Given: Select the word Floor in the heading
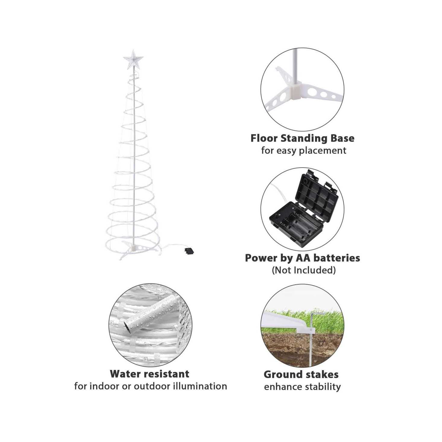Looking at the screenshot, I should (264, 138).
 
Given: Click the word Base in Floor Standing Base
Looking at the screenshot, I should (342, 138).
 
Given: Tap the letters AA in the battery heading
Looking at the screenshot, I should (303, 258).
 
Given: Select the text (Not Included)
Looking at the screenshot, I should (304, 270).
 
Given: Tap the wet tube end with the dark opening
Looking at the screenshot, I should (128, 327).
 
